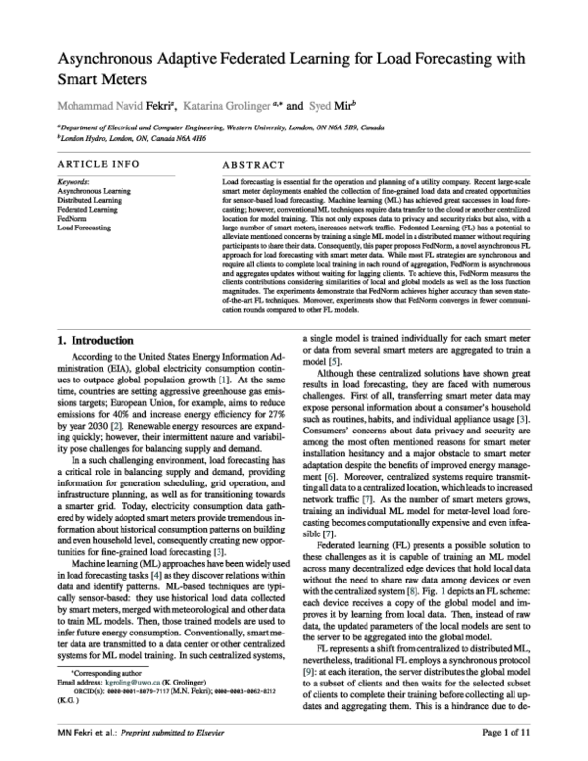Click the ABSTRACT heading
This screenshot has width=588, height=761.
tap(255, 165)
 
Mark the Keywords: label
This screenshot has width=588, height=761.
tap(74, 181)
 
